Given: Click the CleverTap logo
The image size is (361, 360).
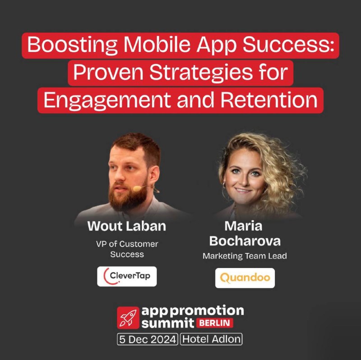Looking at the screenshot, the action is [x=127, y=276].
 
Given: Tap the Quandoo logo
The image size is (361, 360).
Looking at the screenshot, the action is [x=245, y=278].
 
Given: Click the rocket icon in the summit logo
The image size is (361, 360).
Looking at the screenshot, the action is [x=128, y=318].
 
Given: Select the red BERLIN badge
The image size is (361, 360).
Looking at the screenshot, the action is [x=215, y=323].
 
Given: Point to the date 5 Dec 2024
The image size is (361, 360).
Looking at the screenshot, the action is [x=148, y=339].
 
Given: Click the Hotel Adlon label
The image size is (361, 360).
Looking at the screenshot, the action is [x=211, y=339].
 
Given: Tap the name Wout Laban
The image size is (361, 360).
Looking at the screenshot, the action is [x=127, y=226].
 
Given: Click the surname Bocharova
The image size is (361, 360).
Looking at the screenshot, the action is [x=245, y=241].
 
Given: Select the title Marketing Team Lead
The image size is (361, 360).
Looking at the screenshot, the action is [x=245, y=256].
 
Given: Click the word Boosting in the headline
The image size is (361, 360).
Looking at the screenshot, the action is [x=72, y=46].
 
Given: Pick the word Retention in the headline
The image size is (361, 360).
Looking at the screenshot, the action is [x=269, y=100].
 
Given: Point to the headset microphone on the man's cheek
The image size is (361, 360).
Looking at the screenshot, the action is [x=138, y=189].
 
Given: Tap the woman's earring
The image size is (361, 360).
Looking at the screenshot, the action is [x=224, y=185].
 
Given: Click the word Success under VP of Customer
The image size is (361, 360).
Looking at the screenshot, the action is [x=127, y=254].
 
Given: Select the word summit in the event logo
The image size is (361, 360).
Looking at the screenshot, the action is [x=168, y=323].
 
